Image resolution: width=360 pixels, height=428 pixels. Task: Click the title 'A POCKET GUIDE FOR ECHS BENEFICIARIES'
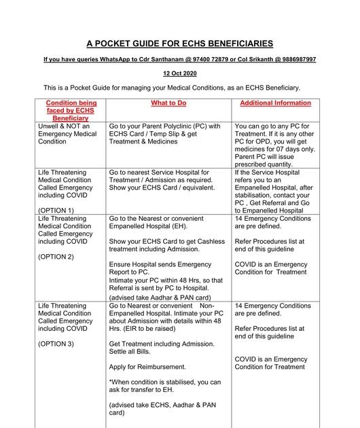click(x=180, y=43)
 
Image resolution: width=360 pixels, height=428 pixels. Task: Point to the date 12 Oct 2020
click(x=179, y=74)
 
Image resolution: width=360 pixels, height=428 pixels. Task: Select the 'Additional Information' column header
click(x=276, y=103)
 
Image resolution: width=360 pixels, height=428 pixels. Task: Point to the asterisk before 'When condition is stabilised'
click(x=110, y=382)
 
